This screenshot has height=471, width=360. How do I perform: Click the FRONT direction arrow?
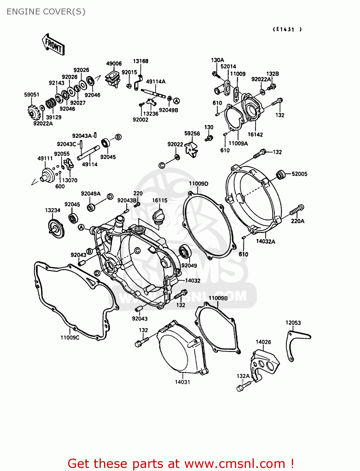53,45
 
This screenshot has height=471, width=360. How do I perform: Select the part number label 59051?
32,95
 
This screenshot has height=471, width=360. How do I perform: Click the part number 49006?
114,63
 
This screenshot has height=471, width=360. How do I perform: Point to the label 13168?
140,61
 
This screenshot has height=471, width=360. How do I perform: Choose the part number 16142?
255,134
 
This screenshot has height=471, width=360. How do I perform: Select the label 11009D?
199,183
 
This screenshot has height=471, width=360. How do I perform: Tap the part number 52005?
299,174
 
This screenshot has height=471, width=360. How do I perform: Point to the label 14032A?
265,241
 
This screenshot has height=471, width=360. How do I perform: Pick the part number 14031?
183,382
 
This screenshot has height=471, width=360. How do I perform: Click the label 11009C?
70,338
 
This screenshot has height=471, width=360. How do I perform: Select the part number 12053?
293,322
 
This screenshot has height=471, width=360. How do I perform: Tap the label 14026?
263,342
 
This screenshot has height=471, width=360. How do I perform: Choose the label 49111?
45,158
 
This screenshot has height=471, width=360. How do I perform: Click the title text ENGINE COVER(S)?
46,12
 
